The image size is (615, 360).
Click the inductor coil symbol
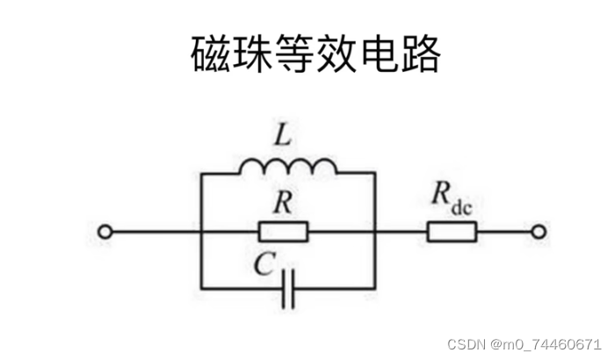(287, 168)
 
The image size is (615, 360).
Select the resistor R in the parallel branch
(284, 232)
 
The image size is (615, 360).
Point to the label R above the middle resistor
(282, 203)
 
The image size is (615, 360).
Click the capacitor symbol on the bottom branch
(288, 289)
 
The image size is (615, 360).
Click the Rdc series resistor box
(452, 232)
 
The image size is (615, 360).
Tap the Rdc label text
(452, 197)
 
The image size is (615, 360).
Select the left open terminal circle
(105, 232)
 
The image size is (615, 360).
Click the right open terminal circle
(539, 232)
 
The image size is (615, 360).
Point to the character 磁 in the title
(211, 55)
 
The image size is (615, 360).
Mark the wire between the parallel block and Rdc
(401, 232)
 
